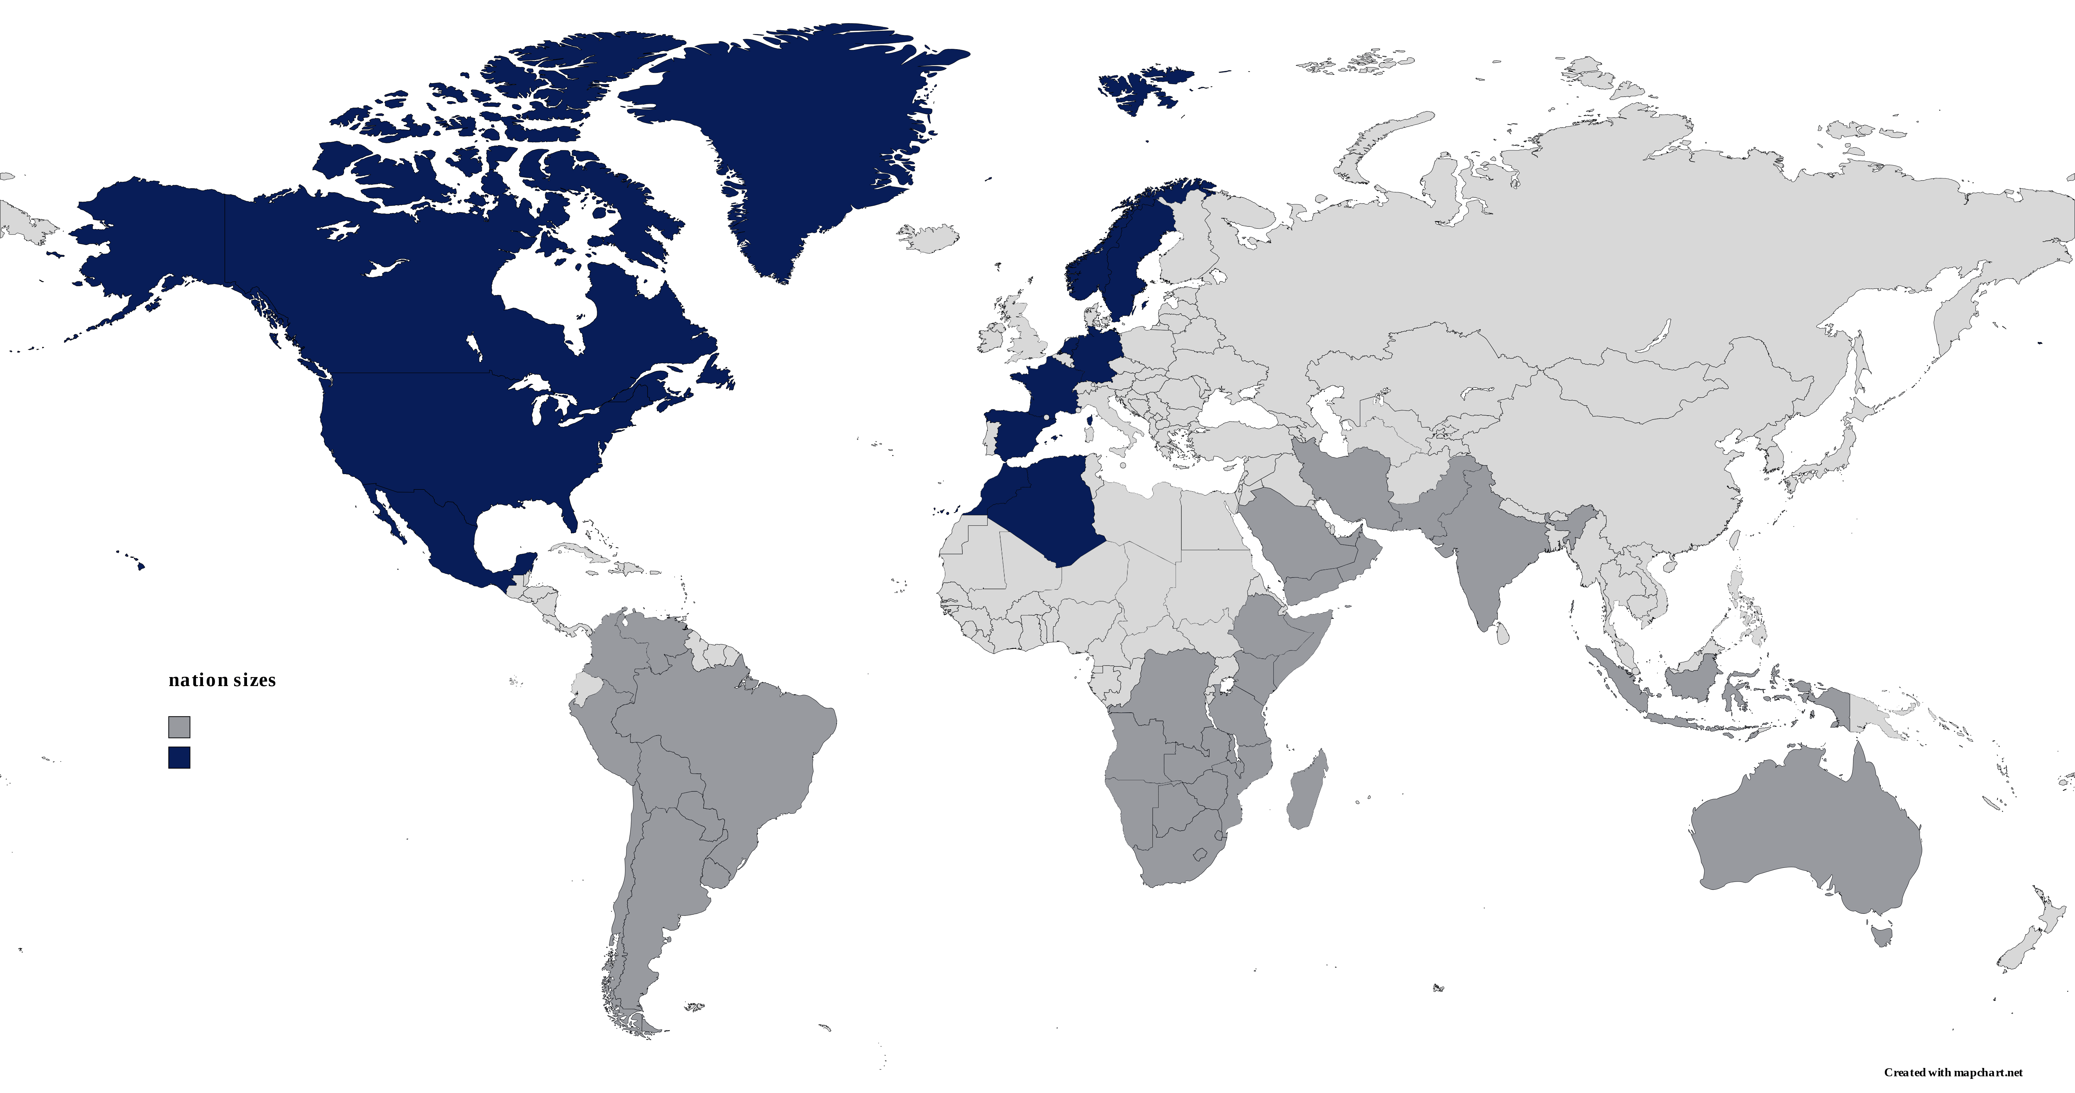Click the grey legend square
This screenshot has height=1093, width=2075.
click(179, 727)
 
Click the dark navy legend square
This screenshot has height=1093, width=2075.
click(179, 758)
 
